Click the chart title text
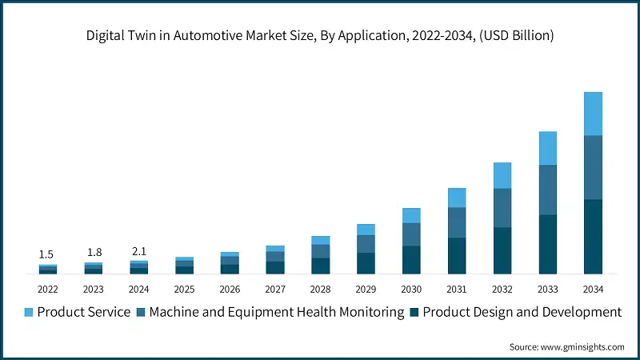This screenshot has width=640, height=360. click(320, 35)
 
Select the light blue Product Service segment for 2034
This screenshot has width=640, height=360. click(593, 114)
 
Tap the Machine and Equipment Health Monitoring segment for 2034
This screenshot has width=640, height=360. click(593, 167)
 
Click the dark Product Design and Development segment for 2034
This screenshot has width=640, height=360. click(593, 237)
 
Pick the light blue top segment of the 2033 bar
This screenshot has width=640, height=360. click(547, 148)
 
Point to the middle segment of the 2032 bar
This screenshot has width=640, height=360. click(502, 208)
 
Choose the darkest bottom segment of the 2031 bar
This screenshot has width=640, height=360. click(457, 256)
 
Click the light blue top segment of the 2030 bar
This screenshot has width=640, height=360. click(411, 215)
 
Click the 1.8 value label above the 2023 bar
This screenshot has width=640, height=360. click(94, 253)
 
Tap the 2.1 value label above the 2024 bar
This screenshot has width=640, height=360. click(139, 251)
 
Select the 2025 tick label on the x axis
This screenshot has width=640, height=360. click(184, 289)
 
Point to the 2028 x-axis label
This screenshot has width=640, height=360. click(320, 289)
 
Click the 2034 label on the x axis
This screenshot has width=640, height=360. click(593, 289)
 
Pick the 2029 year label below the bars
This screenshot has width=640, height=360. click(366, 289)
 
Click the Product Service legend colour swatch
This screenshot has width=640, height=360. click(29, 312)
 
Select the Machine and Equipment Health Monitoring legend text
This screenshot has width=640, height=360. click(276, 312)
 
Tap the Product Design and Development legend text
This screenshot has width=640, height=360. click(522, 312)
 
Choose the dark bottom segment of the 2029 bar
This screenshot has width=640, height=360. click(366, 263)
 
